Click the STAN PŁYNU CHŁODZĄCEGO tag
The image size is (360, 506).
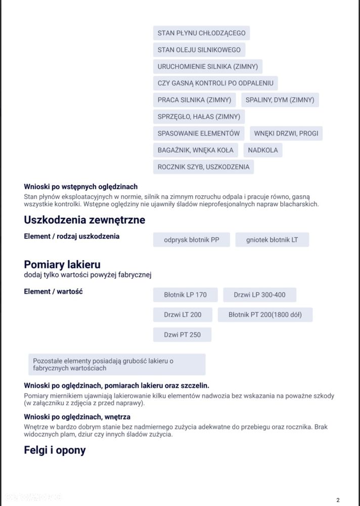[x=201, y=33]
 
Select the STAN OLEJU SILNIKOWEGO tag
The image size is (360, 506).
[x=199, y=50]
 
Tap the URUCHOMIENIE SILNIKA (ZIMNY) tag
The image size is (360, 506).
[x=207, y=66]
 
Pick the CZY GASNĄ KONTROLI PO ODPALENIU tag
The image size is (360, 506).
[x=215, y=83]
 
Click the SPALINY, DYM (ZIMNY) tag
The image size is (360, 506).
[x=280, y=100]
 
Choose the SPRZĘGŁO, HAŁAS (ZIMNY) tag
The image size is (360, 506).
[x=199, y=116]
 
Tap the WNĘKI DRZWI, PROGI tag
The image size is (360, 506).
[x=286, y=134]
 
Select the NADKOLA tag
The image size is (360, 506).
[x=263, y=150]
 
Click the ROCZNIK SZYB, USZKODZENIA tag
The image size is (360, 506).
[x=203, y=166]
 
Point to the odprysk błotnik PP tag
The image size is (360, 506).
[x=192, y=240]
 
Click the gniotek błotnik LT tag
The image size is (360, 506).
[x=272, y=240]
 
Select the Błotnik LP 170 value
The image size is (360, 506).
[x=186, y=294]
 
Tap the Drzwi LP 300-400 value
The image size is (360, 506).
[x=259, y=294]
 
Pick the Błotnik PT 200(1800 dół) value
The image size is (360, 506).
[x=265, y=315]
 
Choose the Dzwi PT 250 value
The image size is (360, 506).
[x=182, y=334]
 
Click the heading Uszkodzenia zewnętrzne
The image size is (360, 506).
[x=84, y=220]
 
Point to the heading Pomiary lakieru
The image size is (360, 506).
[x=62, y=264]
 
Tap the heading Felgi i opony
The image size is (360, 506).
[x=55, y=450]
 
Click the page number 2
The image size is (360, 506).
[x=338, y=500]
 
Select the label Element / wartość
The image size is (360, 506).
[x=53, y=291]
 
